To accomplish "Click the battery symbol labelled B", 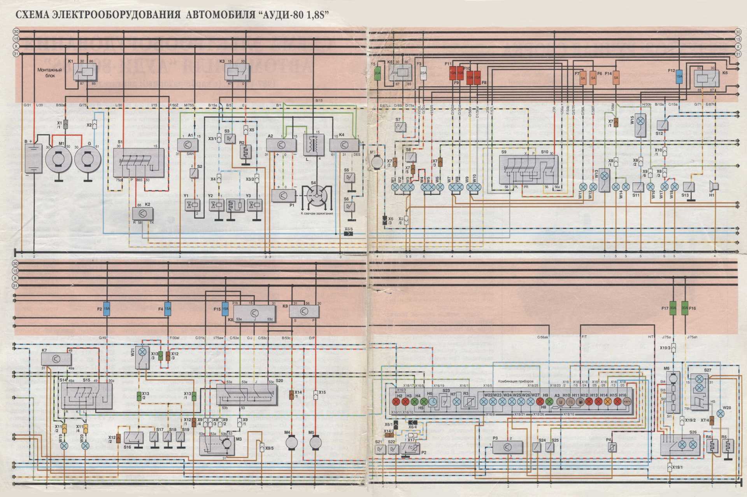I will point(33,158).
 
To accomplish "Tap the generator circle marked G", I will point(88,158).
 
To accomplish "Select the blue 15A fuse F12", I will point(679,77).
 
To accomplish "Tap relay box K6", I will point(707,78).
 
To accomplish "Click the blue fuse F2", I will point(107,309).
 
